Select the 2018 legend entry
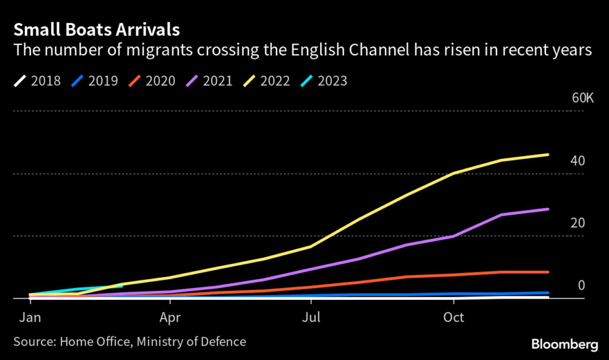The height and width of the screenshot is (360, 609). (37, 80)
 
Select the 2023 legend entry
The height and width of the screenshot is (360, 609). (326, 80)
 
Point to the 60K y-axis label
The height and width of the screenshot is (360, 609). (583, 98)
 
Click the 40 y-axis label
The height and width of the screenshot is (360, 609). (578, 161)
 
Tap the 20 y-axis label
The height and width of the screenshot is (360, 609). (578, 223)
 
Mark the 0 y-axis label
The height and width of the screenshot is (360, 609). (582, 286)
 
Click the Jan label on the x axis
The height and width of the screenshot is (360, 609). (30, 317)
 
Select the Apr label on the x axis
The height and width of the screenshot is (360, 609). (170, 317)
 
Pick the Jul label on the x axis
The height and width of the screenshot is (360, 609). (310, 317)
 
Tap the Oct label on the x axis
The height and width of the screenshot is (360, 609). (454, 317)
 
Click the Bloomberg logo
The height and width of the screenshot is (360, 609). (564, 344)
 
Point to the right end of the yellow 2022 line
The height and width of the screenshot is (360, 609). (548, 155)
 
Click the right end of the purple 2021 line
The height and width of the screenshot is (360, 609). (548, 209)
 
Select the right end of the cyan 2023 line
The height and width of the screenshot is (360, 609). (121, 286)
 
